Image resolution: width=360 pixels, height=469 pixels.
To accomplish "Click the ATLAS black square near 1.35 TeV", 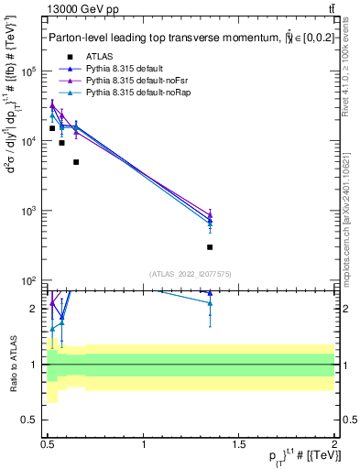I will pyautogui.click(x=210, y=247).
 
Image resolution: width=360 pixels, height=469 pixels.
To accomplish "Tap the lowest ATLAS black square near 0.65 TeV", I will pyautogui.click(x=76, y=162).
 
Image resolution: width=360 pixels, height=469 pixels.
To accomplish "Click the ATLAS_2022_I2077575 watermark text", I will pyautogui.click(x=190, y=273).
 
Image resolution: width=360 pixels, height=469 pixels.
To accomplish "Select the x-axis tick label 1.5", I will pyautogui.click(x=239, y=444).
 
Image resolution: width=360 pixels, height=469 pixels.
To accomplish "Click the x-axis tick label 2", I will pyautogui.click(x=334, y=444).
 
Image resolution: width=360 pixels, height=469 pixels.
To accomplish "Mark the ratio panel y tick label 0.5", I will pyautogui.click(x=33, y=420).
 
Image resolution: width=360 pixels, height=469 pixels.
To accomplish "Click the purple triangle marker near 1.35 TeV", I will pyautogui.click(x=210, y=214).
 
